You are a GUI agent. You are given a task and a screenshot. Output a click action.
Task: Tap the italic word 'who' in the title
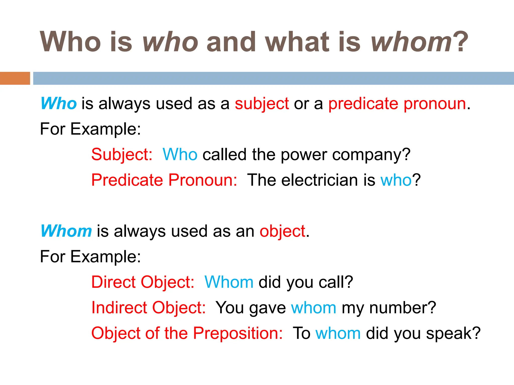tap(170, 42)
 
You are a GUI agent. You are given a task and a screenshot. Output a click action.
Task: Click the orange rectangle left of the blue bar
tap(15, 78)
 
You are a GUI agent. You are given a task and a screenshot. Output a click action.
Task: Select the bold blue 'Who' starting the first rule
tap(58, 103)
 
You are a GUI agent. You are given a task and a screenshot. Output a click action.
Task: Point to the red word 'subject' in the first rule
tap(262, 104)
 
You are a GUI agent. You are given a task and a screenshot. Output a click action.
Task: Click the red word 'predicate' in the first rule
tap(363, 104)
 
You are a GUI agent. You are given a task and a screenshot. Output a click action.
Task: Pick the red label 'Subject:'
tap(122, 155)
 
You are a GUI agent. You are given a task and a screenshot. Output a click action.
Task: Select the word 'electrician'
tap(320, 180)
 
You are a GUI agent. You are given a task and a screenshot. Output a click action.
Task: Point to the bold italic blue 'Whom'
tap(66, 231)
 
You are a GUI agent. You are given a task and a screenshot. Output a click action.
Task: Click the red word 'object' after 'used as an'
tap(282, 231)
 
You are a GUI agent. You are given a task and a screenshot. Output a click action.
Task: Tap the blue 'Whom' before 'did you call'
tap(229, 282)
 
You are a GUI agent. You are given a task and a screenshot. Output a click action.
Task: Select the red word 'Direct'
tap(113, 282)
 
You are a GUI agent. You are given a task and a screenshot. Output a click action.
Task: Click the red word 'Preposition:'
tap(238, 333)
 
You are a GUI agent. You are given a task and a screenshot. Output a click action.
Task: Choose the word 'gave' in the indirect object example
tap(268, 308)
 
